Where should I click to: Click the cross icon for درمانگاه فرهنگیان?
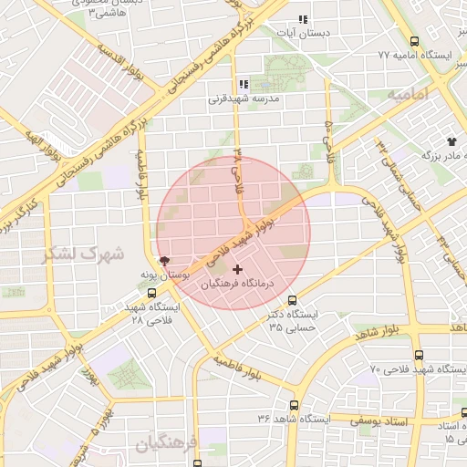(x=238, y=269)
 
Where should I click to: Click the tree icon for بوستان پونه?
(x=163, y=260)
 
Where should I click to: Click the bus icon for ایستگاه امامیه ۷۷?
(x=415, y=41)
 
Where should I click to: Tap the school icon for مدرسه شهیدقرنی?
(x=244, y=84)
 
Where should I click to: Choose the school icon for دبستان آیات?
(x=303, y=19)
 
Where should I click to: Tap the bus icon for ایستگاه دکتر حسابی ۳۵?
(x=292, y=299)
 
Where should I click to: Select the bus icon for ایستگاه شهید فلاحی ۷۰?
(x=419, y=355)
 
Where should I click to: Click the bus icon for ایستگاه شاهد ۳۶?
(x=294, y=405)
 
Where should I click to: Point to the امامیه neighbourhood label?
(x=408, y=94)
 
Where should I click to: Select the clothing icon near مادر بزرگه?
(x=451, y=141)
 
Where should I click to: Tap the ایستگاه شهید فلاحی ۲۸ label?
(x=152, y=314)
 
